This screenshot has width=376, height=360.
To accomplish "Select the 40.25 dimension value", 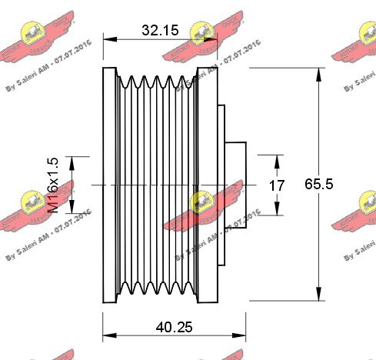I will (x=173, y=326).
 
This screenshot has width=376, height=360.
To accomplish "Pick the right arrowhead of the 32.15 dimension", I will (x=214, y=38).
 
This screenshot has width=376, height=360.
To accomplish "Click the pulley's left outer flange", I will (x=108, y=185).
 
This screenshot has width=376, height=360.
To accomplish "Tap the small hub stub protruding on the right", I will (x=236, y=185).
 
